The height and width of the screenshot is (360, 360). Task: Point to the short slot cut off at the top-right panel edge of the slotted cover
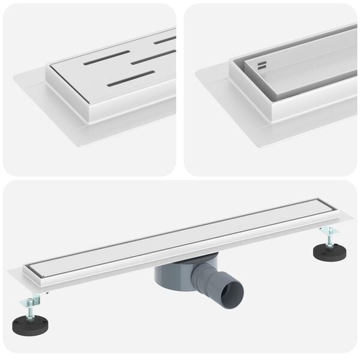click(x=164, y=40)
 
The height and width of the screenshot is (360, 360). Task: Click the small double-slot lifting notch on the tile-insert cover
click(x=262, y=64)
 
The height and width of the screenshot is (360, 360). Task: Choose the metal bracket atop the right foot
click(x=329, y=230)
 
